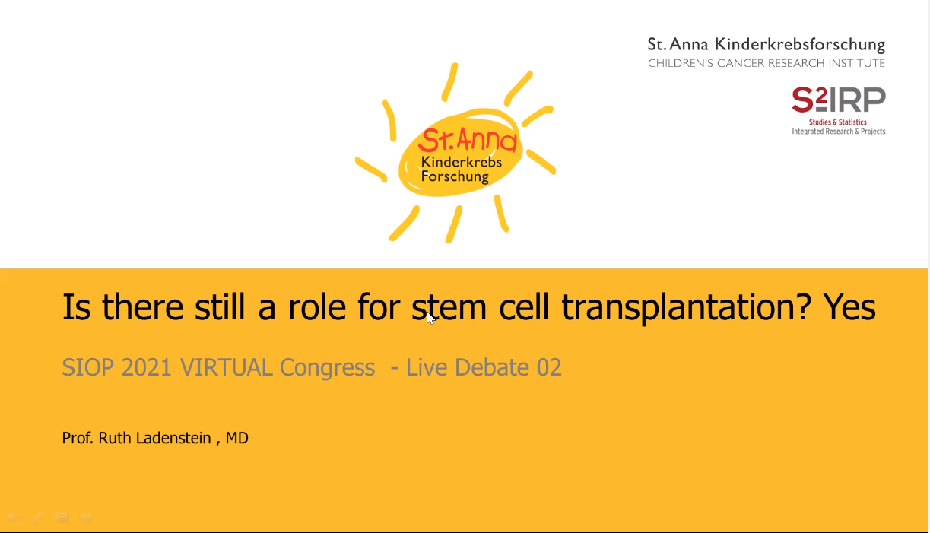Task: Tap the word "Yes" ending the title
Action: [850, 307]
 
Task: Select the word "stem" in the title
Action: [449, 307]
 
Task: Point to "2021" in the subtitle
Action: [146, 367]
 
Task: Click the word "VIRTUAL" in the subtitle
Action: [227, 367]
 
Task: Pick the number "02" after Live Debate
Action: [549, 367]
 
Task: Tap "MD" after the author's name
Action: [236, 438]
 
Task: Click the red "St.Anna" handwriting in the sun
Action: [468, 140]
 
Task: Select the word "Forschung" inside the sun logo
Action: [455, 176]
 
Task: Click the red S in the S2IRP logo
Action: [802, 100]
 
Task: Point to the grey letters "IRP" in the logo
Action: [857, 100]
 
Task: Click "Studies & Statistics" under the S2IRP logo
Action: [837, 122]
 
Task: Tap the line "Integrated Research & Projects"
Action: [839, 132]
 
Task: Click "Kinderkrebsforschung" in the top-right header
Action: [800, 45]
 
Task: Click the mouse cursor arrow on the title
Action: [430, 318]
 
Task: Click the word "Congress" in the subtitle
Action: [327, 368]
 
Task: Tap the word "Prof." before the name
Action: [78, 438]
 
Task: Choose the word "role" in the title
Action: [317, 307]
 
